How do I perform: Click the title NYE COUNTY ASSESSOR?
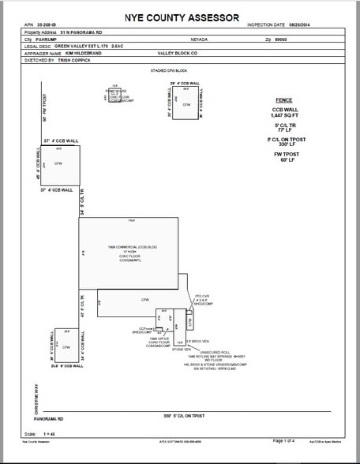tap(179, 16)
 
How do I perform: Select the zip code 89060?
tap(306, 38)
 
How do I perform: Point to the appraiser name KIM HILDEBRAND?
tap(80, 53)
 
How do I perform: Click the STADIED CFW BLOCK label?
tap(167, 70)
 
